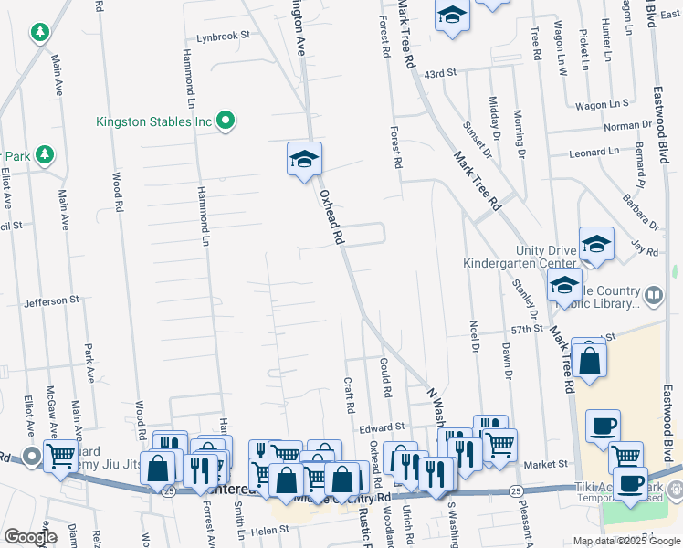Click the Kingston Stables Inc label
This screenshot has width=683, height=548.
(x=154, y=121)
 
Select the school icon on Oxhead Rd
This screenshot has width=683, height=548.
(x=304, y=161)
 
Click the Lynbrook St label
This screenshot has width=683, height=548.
(x=224, y=37)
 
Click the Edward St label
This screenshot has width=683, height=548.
(x=381, y=427)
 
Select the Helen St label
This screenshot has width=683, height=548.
(x=269, y=530)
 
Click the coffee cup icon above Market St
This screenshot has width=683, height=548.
(x=603, y=426)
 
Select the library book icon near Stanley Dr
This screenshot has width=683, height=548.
(x=654, y=295)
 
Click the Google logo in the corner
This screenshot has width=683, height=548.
(x=30, y=537)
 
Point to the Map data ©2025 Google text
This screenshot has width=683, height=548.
(x=626, y=541)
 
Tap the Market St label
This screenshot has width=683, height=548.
(x=546, y=464)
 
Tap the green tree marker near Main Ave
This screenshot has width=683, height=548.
(x=39, y=34)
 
